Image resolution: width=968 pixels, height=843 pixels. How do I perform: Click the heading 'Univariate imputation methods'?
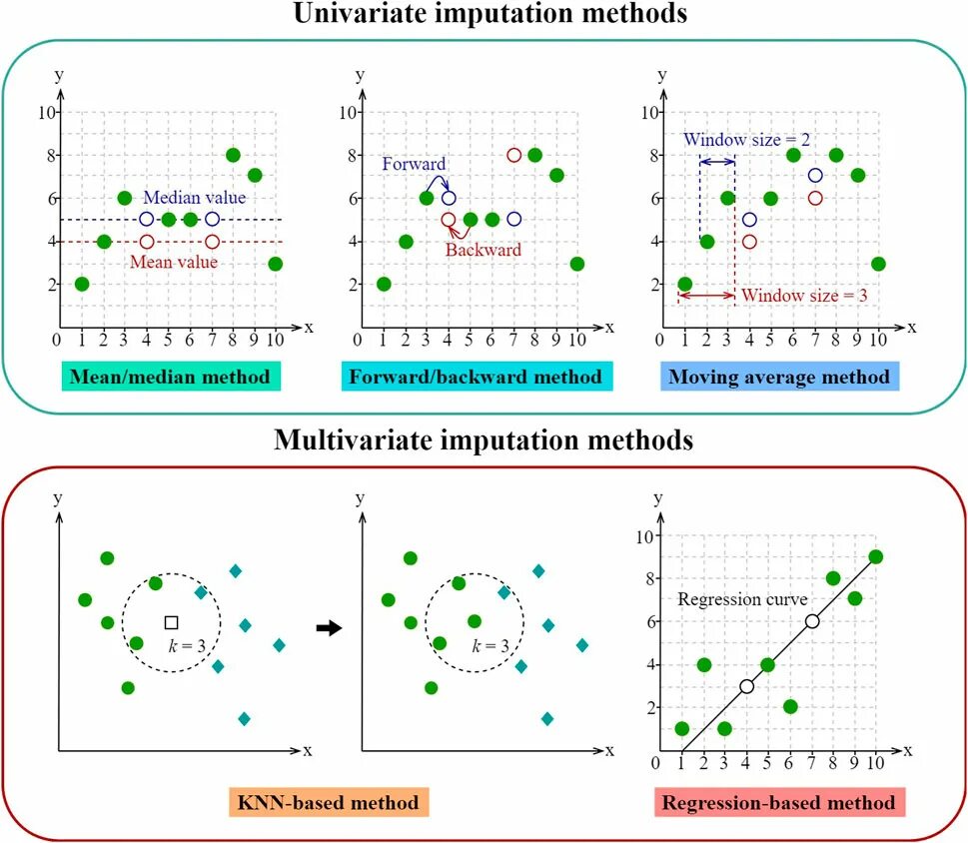[483, 15]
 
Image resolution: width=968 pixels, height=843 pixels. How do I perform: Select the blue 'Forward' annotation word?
[415, 164]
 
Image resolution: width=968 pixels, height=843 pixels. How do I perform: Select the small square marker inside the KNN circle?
[171, 621]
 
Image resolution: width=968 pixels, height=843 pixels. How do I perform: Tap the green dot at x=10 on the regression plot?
[875, 556]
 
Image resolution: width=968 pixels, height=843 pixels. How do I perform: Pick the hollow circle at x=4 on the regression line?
[746, 686]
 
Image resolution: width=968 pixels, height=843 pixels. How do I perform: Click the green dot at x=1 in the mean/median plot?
[82, 284]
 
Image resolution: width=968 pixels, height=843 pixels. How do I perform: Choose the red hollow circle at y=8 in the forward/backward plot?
[513, 155]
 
